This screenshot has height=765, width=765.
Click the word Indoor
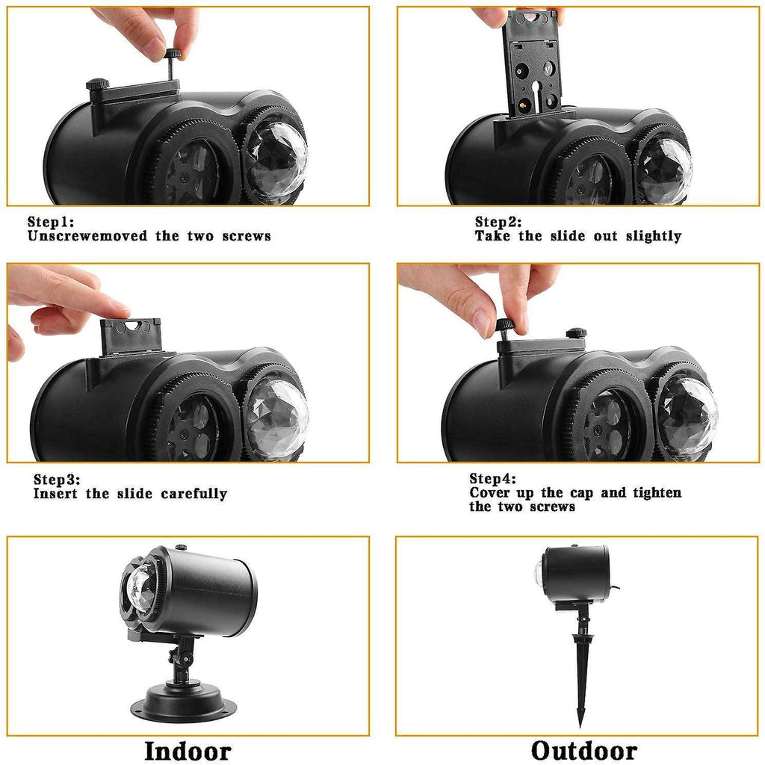point(188,750)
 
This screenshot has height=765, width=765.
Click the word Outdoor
point(584,750)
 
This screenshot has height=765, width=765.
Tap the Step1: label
point(51,222)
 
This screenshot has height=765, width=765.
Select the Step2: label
point(498,222)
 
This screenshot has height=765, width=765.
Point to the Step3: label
point(57,480)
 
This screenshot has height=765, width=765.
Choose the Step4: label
point(493,479)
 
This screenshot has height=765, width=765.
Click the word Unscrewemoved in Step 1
point(87,236)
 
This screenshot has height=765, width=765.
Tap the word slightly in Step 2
point(654,237)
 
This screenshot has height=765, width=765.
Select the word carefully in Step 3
point(194,495)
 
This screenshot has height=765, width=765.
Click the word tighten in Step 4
point(657,493)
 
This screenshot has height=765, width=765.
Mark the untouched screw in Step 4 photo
point(576,333)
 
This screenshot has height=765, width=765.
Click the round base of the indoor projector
point(184,702)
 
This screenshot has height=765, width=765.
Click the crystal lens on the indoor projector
point(140,589)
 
